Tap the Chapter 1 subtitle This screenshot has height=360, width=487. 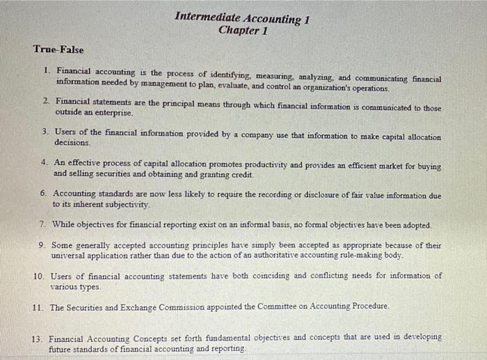[242, 31]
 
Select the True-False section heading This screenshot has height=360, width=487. [58, 50]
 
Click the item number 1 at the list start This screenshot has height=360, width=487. [46, 70]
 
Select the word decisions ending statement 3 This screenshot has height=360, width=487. [73, 142]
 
